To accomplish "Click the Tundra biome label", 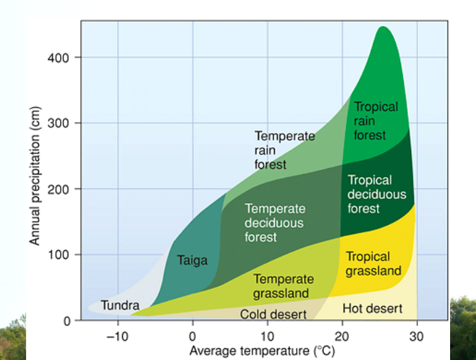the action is point(120,305).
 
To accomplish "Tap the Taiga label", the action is point(192,260).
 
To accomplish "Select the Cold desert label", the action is point(273,314).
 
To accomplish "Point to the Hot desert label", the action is point(372,308).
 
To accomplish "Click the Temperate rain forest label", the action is point(285,150).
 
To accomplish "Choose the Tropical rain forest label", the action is point(376,121).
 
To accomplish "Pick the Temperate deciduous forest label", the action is point(275,223).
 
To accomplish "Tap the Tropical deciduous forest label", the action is point(376,194).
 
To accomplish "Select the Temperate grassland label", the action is point(284,286).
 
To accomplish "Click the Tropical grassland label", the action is point(374,264).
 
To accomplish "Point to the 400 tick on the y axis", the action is point(58,57).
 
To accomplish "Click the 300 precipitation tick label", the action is point(58,123).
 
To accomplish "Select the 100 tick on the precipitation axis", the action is point(59,254).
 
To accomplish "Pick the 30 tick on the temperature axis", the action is point(416,336).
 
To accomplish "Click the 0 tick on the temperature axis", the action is point(192,336).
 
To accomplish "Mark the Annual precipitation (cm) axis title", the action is point(35,176).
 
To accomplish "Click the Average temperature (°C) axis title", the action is point(263,351).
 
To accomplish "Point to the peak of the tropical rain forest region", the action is point(383,27).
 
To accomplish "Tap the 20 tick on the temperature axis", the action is point(342,336).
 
